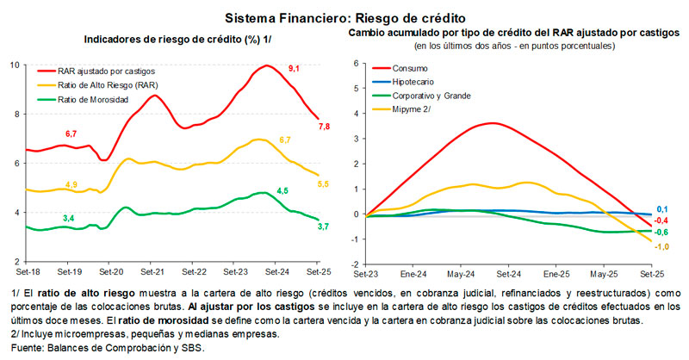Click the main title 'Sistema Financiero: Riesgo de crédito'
344,17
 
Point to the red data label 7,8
325,127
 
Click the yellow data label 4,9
71,185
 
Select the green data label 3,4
68,218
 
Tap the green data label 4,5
282,189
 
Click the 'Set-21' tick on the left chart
152,270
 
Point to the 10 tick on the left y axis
14,65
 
